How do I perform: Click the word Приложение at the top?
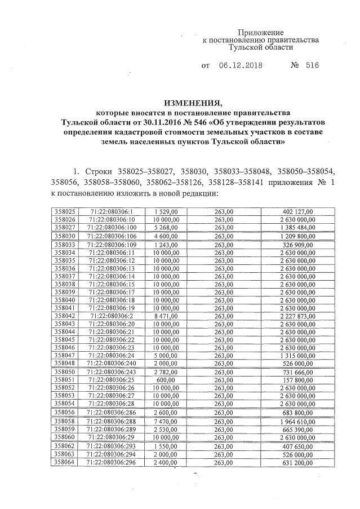(x=260, y=33)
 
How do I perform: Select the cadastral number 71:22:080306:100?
(x=113, y=227)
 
